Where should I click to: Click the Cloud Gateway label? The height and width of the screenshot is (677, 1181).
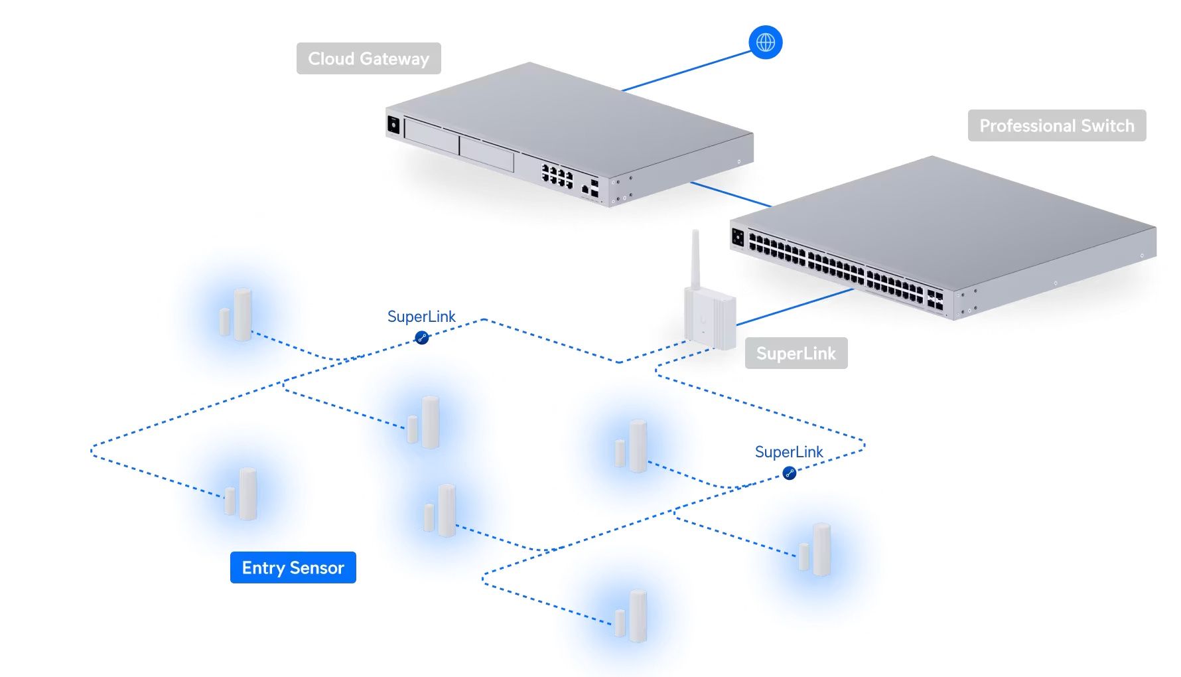368,58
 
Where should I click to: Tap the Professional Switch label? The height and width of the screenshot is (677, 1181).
1056,125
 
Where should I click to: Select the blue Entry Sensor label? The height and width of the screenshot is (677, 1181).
293,567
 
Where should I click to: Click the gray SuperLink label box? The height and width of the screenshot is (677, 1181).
796,353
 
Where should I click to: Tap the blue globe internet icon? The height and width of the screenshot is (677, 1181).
765,42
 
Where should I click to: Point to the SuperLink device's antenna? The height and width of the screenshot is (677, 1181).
695,259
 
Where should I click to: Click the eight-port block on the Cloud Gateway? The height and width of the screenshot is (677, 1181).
557,176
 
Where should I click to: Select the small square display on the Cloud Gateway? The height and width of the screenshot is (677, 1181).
393,124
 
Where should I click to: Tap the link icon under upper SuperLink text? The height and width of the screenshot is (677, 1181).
421,338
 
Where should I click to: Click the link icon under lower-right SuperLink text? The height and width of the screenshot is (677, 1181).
789,473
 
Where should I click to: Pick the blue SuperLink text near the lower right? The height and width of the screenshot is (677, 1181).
788,452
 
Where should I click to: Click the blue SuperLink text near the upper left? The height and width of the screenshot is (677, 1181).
421,317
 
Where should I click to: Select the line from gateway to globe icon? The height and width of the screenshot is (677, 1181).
687,71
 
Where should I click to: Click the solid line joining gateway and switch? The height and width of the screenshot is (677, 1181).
730,194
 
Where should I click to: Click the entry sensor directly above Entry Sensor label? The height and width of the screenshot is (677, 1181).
242,494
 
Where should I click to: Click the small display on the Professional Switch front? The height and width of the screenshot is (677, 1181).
738,236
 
